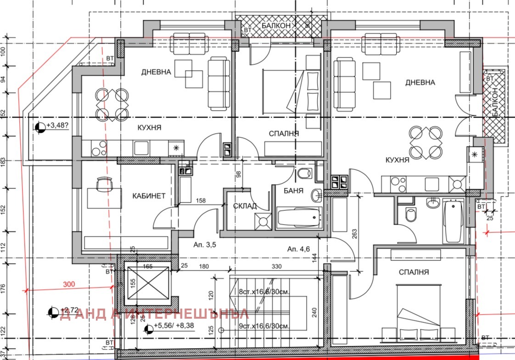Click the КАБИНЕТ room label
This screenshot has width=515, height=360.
point(149,196)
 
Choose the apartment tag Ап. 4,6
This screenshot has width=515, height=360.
point(298,249)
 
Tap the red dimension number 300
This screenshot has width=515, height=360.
point(69,284)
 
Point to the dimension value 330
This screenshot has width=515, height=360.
point(277,267)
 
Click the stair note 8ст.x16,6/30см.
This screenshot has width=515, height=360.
point(263,291)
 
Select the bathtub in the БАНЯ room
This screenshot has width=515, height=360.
point(298,217)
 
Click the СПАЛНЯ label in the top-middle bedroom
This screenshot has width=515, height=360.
point(284,133)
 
